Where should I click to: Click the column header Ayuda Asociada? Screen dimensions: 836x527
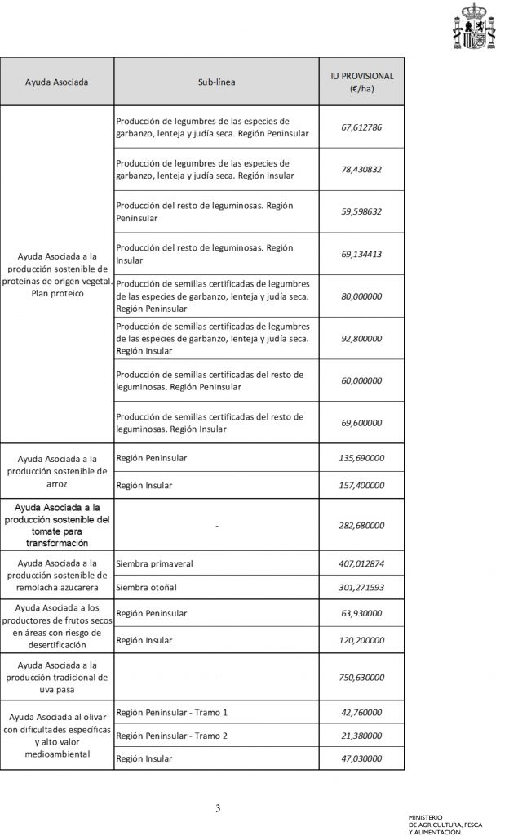(56, 82)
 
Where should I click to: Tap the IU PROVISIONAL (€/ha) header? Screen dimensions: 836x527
(361, 82)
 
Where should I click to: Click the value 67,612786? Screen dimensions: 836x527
(361, 128)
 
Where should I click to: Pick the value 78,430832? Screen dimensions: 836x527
(361, 170)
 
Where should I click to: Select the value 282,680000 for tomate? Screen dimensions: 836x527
(361, 526)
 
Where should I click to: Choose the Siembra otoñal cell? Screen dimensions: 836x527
(147, 587)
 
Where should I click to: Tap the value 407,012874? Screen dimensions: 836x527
(361, 564)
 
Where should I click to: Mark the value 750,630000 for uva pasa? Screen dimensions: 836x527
(361, 678)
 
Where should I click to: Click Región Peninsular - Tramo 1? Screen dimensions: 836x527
(172, 713)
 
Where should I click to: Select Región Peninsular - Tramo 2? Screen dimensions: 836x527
(172, 736)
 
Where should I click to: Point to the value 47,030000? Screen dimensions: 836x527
(361, 758)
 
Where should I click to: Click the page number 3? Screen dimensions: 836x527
(218, 809)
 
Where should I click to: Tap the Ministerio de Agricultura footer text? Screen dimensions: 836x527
(446, 823)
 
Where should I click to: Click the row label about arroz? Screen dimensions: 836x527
(56, 470)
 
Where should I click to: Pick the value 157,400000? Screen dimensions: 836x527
(361, 485)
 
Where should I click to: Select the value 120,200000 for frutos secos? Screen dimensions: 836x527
(361, 641)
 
